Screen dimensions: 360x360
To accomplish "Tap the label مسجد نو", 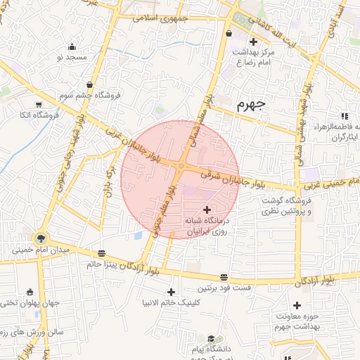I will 71,56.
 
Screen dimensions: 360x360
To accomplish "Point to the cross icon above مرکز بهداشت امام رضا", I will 252,42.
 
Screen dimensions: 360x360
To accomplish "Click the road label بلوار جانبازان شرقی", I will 225,177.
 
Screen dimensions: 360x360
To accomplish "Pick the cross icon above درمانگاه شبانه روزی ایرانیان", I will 207,209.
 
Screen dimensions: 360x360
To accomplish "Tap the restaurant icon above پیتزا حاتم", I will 103,253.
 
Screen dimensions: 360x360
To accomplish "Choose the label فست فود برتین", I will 223,288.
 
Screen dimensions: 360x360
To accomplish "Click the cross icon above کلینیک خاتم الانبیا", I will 171,292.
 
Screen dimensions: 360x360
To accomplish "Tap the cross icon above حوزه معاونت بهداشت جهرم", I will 297,306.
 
